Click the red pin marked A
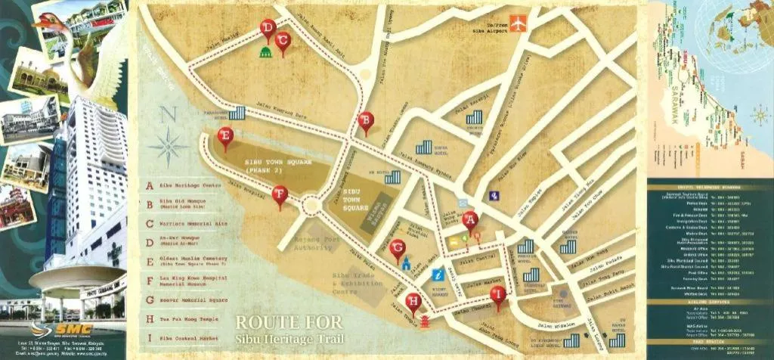[470, 220]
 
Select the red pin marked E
[224, 136]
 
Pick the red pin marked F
[280, 195]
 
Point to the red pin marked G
[398, 247]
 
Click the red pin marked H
[413, 301]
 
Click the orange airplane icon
[518, 23]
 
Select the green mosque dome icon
[265, 52]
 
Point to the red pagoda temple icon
[423, 321]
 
